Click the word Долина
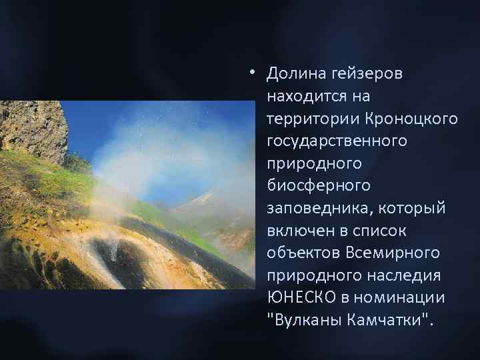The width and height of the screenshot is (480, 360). pyautogui.click(x=289, y=73)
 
